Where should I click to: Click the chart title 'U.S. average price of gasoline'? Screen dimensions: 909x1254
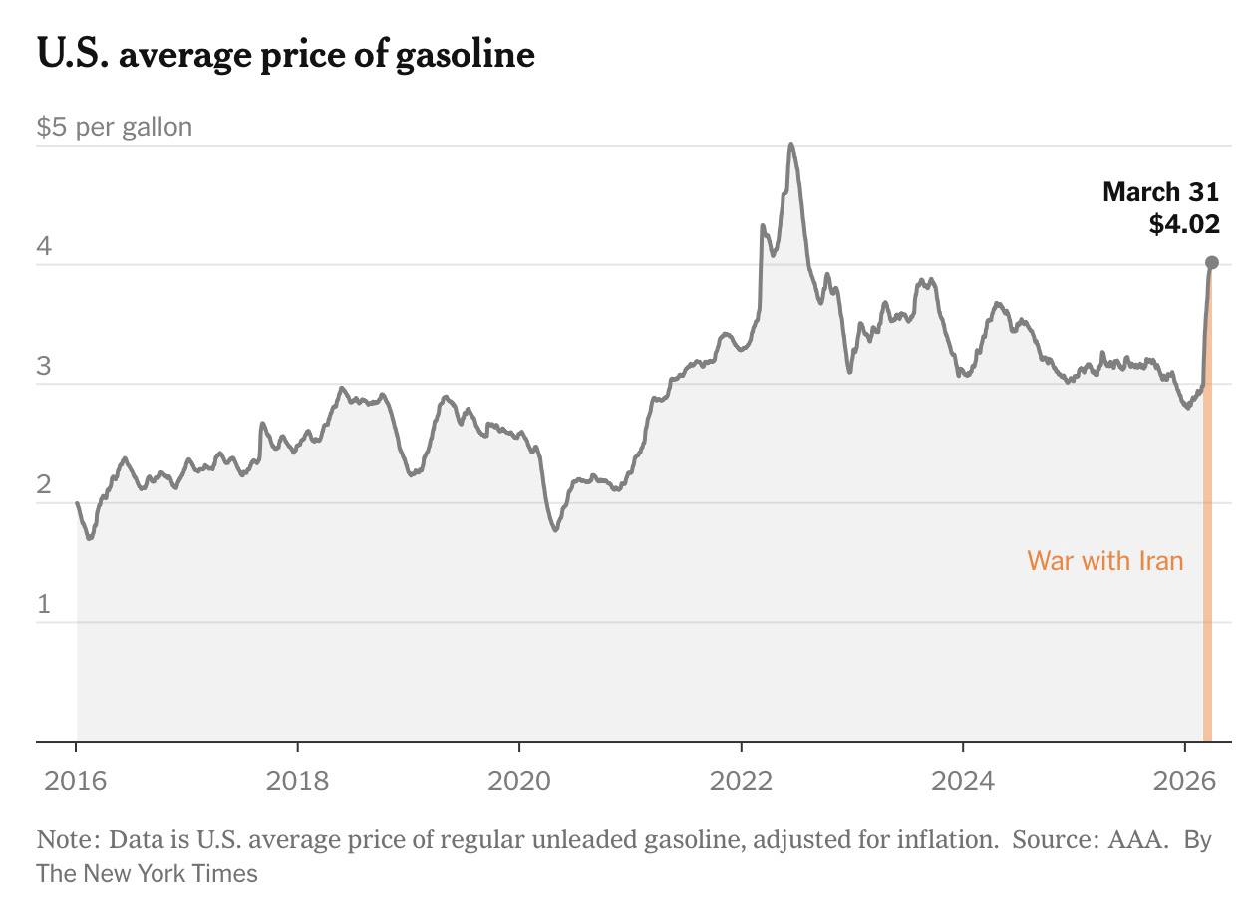tap(285, 54)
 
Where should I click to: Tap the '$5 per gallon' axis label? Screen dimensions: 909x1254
tap(115, 128)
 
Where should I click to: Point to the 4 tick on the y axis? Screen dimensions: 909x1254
tap(44, 246)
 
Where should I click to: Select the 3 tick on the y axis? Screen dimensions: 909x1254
tap(44, 366)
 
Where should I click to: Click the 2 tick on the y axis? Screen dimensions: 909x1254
tap(44, 485)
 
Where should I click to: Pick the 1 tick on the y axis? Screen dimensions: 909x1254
tap(44, 604)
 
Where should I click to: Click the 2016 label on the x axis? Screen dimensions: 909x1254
tap(76, 780)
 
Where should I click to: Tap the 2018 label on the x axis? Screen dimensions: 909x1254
tap(297, 780)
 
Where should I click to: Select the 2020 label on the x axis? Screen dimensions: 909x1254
tap(519, 780)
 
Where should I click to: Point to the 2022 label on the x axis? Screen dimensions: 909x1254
tap(741, 780)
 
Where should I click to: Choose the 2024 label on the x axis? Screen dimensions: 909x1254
tap(963, 780)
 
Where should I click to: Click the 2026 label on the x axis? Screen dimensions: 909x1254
tap(1184, 780)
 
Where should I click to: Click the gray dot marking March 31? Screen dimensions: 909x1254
tap(1212, 263)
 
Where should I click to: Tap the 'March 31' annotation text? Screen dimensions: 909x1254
tap(1160, 191)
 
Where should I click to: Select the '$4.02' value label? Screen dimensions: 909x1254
tap(1184, 224)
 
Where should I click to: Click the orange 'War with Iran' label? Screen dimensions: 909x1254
tap(1104, 561)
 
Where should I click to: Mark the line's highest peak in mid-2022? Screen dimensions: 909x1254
tap(790, 145)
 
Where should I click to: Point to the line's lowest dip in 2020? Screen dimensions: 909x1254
tap(555, 529)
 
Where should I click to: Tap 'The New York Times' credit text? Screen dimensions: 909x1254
tap(147, 874)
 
